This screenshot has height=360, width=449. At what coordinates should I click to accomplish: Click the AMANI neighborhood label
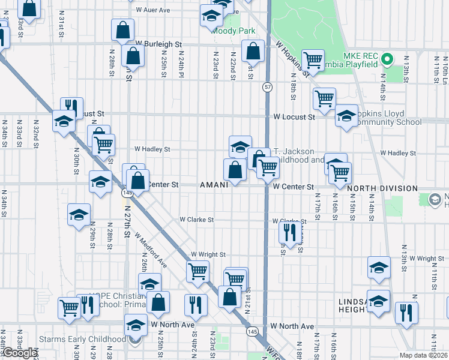click(x=214, y=185)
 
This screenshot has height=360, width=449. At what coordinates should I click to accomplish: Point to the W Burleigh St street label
click(x=158, y=44)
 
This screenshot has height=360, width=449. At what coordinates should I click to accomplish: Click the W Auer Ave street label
click(x=154, y=10)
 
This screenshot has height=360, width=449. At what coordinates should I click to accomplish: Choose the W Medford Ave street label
click(x=151, y=251)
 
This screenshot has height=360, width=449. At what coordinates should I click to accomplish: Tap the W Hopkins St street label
click(x=292, y=59)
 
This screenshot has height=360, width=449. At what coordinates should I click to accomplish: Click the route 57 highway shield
click(x=267, y=88)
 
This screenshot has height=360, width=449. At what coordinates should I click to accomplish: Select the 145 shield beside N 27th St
click(x=127, y=193)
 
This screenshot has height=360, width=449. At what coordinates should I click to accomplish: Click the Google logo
click(x=20, y=353)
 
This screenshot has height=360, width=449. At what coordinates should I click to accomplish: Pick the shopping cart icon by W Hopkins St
click(x=312, y=59)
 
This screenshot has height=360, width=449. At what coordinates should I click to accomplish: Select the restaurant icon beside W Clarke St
click(x=290, y=232)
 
